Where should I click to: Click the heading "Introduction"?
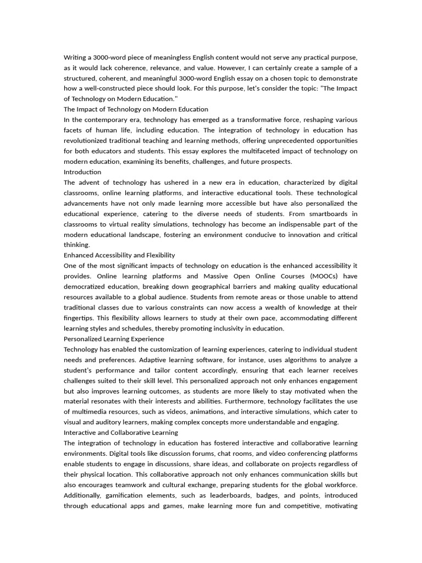pyautogui.click(x=82, y=172)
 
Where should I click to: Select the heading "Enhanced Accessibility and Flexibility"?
pyautogui.click(x=119, y=255)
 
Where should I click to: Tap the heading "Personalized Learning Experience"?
pyautogui.click(x=114, y=339)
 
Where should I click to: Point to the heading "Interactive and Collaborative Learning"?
pyautogui.click(x=121, y=433)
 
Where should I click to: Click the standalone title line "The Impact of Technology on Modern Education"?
pyautogui.click(x=136, y=109)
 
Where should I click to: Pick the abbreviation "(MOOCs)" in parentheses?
pyautogui.click(x=317, y=276)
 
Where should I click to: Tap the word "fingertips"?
pyautogui.click(x=80, y=318)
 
